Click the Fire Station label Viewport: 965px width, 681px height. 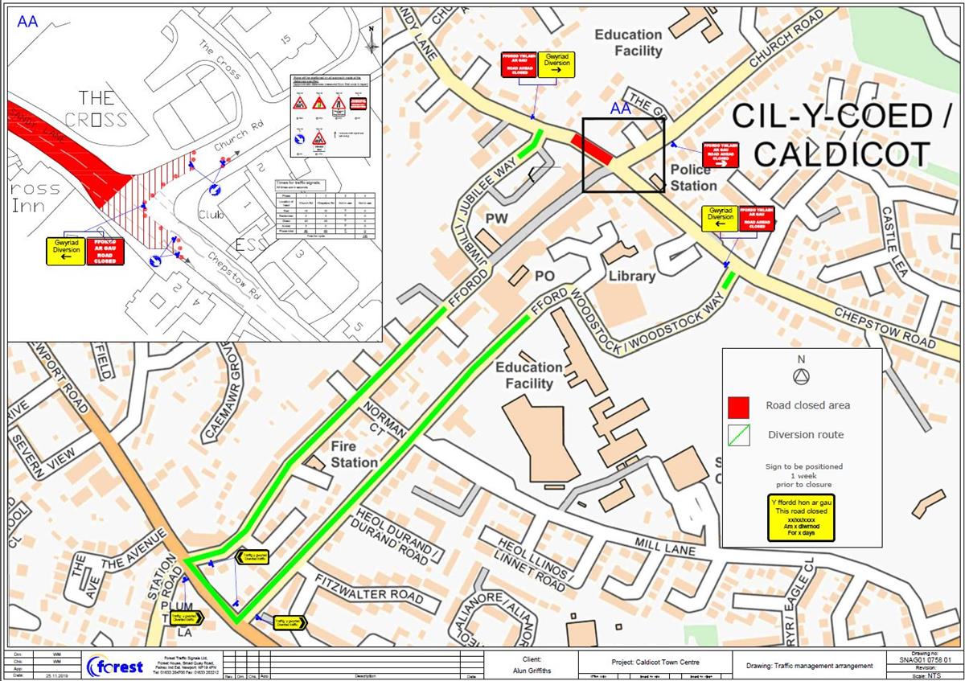tap(354, 454)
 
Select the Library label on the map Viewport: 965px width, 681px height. tap(633, 277)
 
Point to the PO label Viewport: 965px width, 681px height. tap(546, 276)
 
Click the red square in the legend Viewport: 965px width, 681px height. tap(737, 406)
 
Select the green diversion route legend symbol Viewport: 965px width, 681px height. tap(737, 435)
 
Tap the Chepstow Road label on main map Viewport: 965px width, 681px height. tap(884, 326)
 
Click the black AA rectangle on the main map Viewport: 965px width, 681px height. tap(624, 154)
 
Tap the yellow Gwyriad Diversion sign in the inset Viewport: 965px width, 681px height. tap(66, 251)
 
